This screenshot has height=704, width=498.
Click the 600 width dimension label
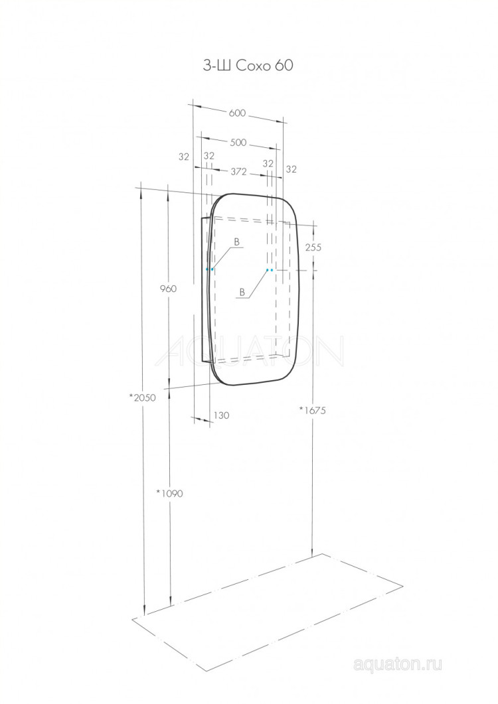pos(238,113)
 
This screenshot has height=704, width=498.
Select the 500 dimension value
pos(238,143)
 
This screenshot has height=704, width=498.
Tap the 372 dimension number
pos(239,171)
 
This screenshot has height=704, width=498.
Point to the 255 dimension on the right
pos(313,247)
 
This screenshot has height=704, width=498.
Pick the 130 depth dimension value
pos(222,415)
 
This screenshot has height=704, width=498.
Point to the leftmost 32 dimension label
pos(184,157)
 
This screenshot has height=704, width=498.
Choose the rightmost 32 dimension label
pos(291,169)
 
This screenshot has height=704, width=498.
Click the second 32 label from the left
pos(208,155)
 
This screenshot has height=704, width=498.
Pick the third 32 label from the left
pos(268,163)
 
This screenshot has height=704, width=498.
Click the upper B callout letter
pos(236,242)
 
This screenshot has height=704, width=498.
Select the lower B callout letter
pos(242,292)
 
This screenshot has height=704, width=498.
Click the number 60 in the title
pos(282,65)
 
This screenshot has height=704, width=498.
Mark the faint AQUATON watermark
pos(249,352)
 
